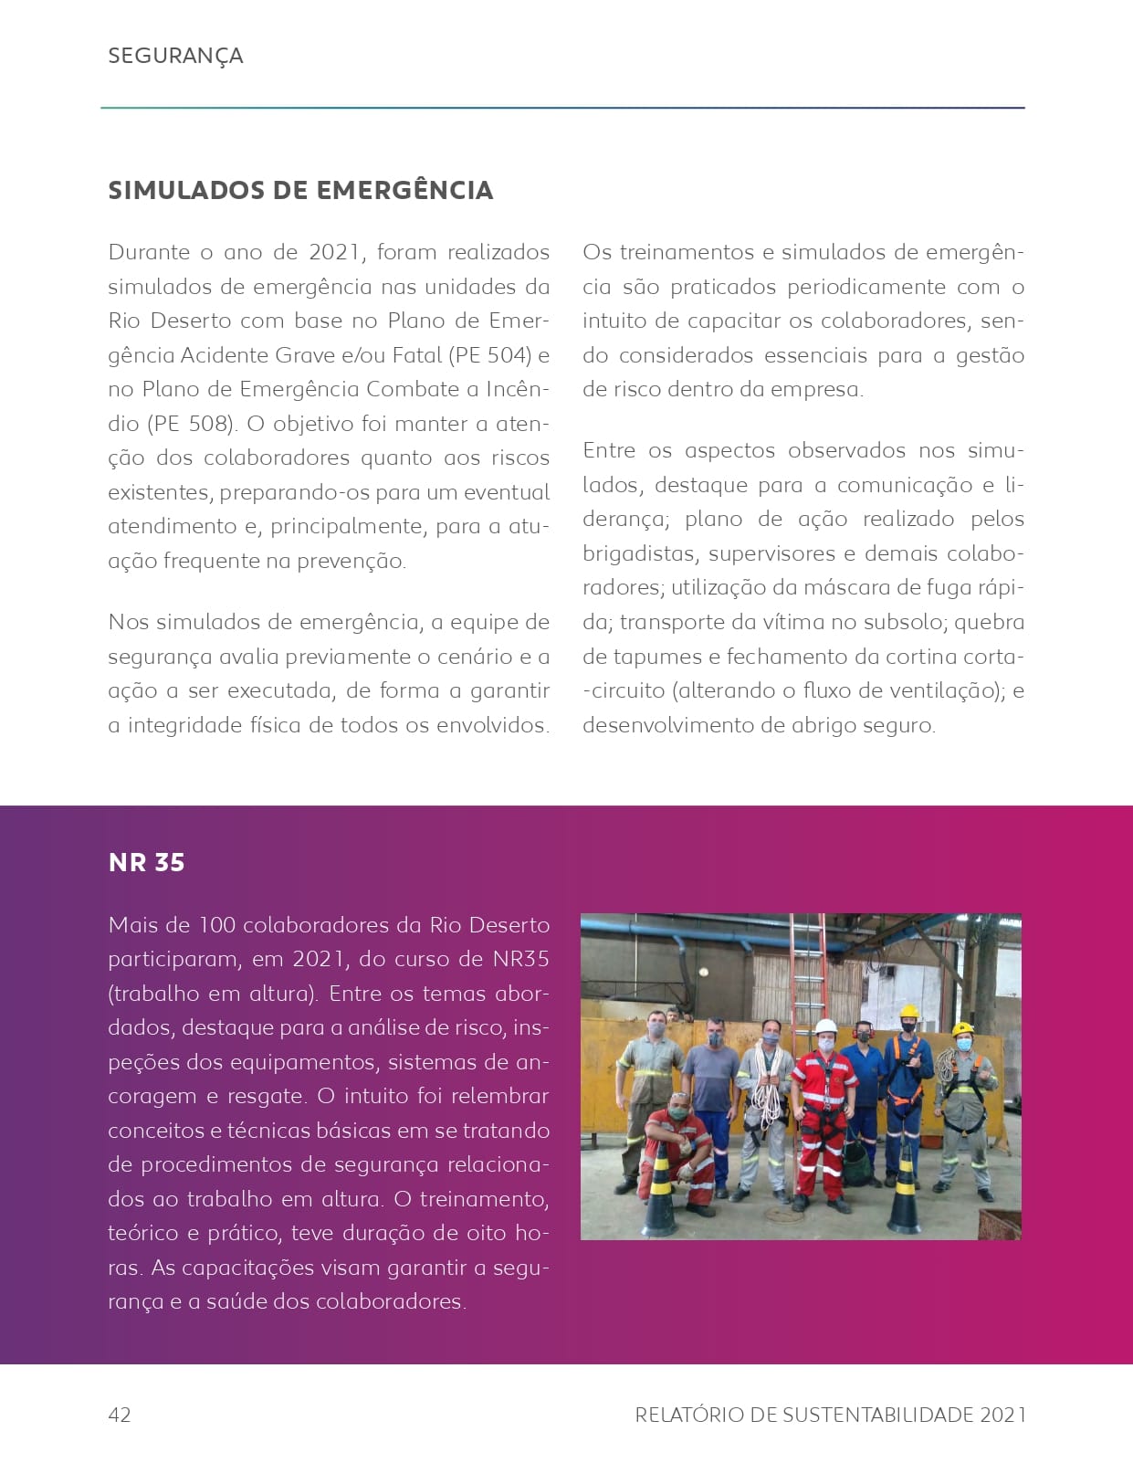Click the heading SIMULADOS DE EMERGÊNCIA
point(300,190)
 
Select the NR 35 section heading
point(146,862)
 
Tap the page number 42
point(120,1415)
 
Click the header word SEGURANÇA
point(175,56)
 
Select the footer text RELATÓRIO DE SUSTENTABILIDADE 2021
point(830,1415)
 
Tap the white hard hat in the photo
point(826,1026)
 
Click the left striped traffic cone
point(660,1191)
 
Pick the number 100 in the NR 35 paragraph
point(217,925)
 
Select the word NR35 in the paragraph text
point(520,959)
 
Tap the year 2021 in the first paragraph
point(334,252)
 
